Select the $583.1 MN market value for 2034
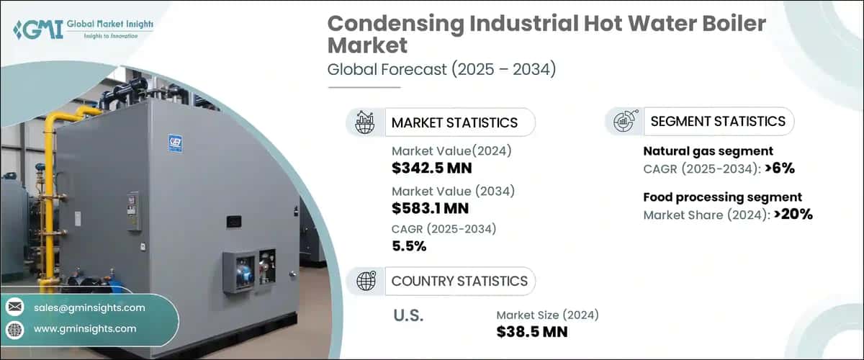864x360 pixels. click(430, 209)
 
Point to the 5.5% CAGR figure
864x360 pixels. click(409, 246)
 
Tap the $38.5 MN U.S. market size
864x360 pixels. click(532, 332)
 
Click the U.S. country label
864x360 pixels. click(408, 316)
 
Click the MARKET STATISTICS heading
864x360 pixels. click(454, 122)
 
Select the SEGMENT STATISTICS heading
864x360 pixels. click(718, 121)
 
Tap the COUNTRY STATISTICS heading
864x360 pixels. click(459, 281)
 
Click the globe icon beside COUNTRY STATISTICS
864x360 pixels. click(365, 281)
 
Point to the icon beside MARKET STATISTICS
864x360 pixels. click(365, 122)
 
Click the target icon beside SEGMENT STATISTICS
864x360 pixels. click(624, 121)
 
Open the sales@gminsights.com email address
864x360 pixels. click(89, 307)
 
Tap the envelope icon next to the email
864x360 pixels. click(15, 307)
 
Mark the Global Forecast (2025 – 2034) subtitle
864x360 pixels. click(441, 70)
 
